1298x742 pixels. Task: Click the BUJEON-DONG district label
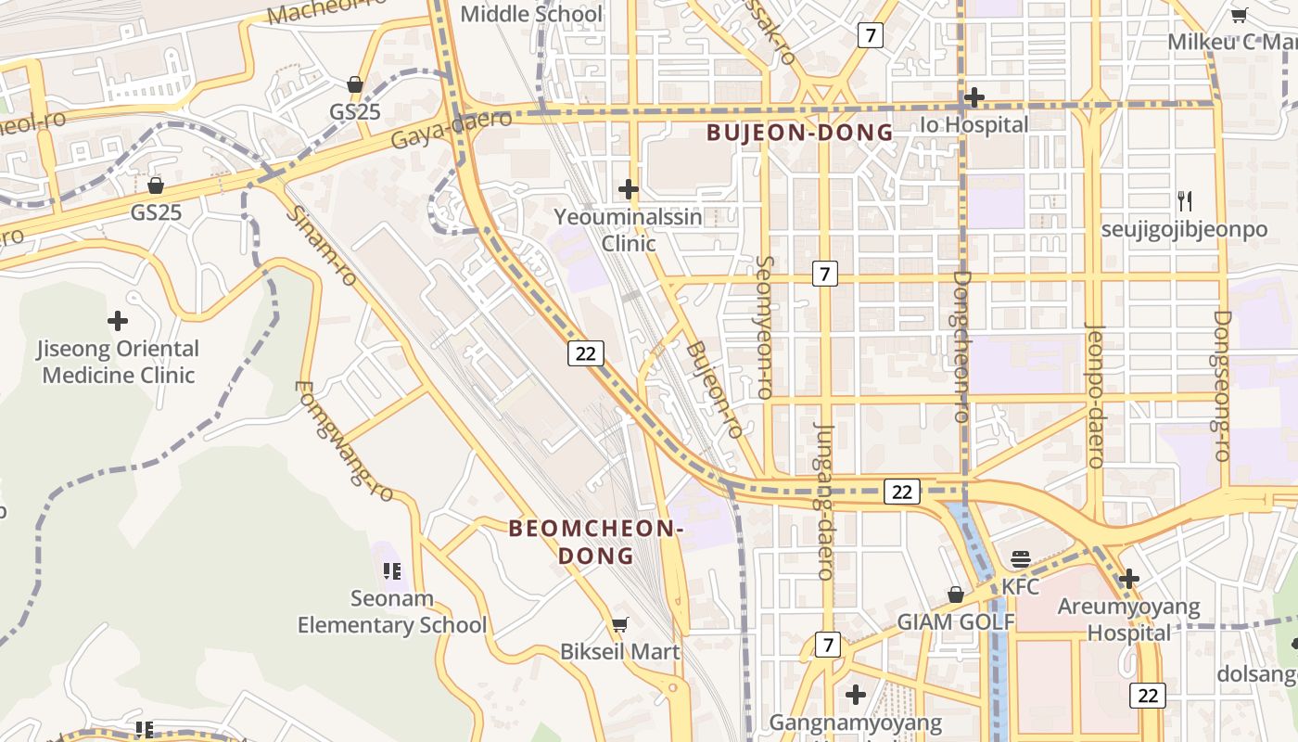800,133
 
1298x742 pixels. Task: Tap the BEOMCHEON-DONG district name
596,542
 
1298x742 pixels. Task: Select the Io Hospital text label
973,124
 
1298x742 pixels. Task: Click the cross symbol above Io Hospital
973,96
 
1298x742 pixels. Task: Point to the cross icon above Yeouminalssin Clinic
629,189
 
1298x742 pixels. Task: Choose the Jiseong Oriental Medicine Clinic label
118,362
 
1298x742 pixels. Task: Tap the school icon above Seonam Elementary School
391,570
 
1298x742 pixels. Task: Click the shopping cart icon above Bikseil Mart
619,625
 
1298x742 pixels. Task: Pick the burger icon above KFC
1021,559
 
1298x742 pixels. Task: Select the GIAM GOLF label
956,621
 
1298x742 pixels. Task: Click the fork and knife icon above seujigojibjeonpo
1184,200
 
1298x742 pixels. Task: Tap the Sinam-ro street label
320,246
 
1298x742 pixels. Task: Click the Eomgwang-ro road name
344,441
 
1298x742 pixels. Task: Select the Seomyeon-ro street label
765,327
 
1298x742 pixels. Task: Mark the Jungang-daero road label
824,501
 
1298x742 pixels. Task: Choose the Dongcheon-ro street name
961,346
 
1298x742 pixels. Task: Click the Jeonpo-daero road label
1096,394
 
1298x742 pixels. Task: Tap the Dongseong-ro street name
1222,385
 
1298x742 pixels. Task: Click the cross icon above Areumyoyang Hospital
1128,579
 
